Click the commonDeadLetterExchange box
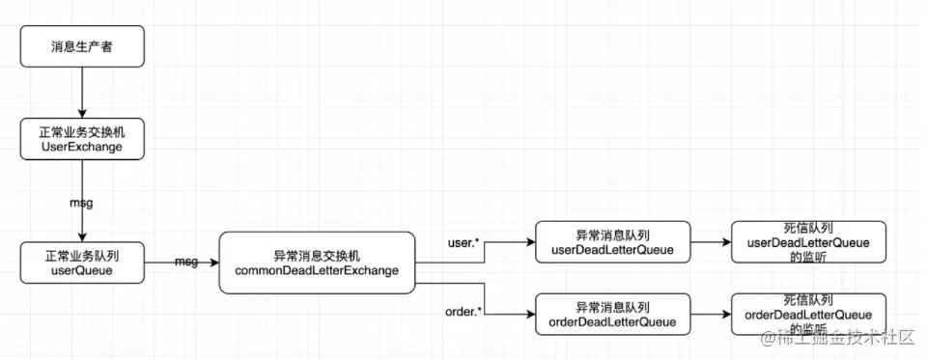click(x=316, y=263)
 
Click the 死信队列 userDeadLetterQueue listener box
click(x=807, y=243)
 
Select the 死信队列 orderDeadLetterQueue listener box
click(x=807, y=315)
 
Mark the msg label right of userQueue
click(x=187, y=262)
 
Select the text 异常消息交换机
click(x=316, y=255)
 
